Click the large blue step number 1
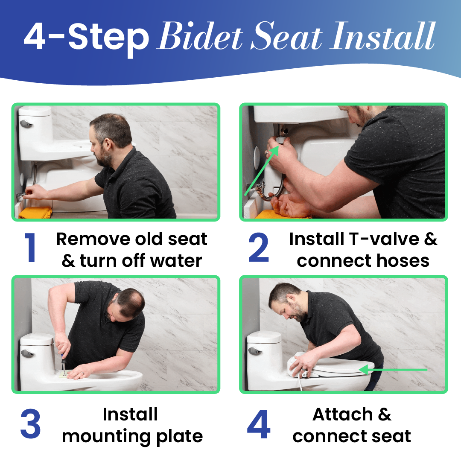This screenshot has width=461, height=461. tap(30, 247)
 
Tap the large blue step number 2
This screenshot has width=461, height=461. tap(258, 247)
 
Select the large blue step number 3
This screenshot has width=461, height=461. tap(30, 424)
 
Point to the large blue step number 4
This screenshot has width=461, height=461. tap(258, 424)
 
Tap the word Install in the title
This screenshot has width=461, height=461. tap(382, 36)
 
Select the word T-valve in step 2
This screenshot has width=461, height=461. tap(384, 239)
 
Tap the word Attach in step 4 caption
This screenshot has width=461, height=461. tap(342, 414)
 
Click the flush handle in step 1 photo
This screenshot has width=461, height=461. tap(26, 123)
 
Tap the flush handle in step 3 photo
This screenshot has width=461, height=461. tap(27, 353)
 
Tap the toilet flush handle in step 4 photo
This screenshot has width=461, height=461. tap(254, 351)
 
